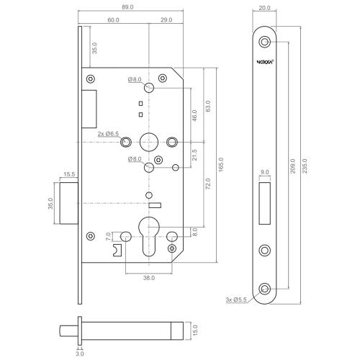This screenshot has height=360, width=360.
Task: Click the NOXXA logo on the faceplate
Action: tap(265, 62)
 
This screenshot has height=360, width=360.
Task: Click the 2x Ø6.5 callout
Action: tap(107, 134)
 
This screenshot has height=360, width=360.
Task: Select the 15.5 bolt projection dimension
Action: tap(70, 174)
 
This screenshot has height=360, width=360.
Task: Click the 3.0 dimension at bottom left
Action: tap(80, 354)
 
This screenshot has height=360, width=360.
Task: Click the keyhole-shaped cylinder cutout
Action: tap(150, 235)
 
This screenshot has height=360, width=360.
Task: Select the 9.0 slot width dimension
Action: tap(265, 173)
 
